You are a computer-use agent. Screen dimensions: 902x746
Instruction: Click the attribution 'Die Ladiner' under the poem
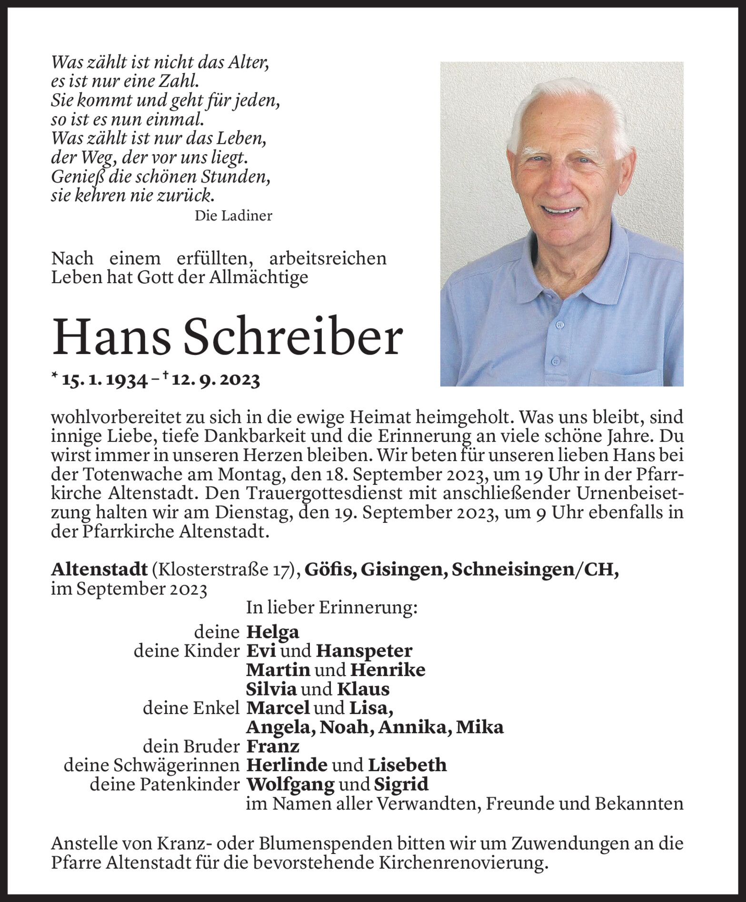(233, 216)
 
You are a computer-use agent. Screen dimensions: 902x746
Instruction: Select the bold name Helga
(273, 632)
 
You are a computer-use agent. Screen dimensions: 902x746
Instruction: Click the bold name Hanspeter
(364, 651)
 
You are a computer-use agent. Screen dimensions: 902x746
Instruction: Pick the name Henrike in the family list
(388, 670)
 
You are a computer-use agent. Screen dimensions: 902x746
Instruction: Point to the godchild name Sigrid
(401, 784)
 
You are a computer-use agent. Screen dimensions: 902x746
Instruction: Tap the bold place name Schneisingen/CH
(535, 570)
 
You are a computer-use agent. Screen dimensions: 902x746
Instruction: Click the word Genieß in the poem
(78, 177)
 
